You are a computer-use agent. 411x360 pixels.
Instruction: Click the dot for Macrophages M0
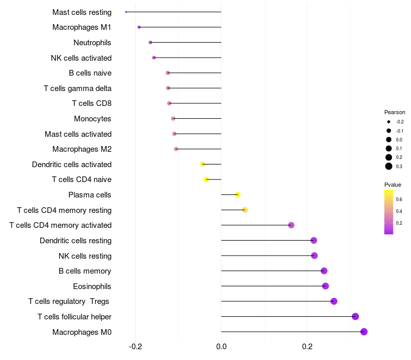(x=364, y=332)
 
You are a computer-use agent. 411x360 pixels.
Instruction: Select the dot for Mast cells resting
(x=126, y=12)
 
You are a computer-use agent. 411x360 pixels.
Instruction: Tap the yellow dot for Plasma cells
(x=238, y=194)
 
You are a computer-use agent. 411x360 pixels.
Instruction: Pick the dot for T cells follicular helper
(x=355, y=317)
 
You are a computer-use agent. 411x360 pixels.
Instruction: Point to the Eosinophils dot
(x=325, y=286)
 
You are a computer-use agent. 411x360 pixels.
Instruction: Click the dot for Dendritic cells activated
(x=202, y=164)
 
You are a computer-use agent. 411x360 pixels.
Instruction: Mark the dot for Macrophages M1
(x=139, y=27)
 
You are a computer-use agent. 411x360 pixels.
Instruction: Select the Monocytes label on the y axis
(x=92, y=119)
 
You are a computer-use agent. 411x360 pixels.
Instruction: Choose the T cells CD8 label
(x=91, y=103)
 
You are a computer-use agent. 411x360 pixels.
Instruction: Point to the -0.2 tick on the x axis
(x=135, y=347)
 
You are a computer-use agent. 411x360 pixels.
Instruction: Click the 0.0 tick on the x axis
(x=221, y=347)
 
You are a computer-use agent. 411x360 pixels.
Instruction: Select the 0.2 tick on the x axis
(x=307, y=347)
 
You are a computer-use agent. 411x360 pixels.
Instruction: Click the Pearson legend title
(x=395, y=112)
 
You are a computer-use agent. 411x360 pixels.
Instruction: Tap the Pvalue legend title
(x=393, y=184)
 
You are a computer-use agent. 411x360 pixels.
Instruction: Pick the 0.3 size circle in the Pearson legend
(x=389, y=166)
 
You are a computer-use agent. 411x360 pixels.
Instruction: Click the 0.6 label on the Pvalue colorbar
(x=399, y=199)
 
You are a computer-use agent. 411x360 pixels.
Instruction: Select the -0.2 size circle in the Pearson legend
(x=389, y=122)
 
